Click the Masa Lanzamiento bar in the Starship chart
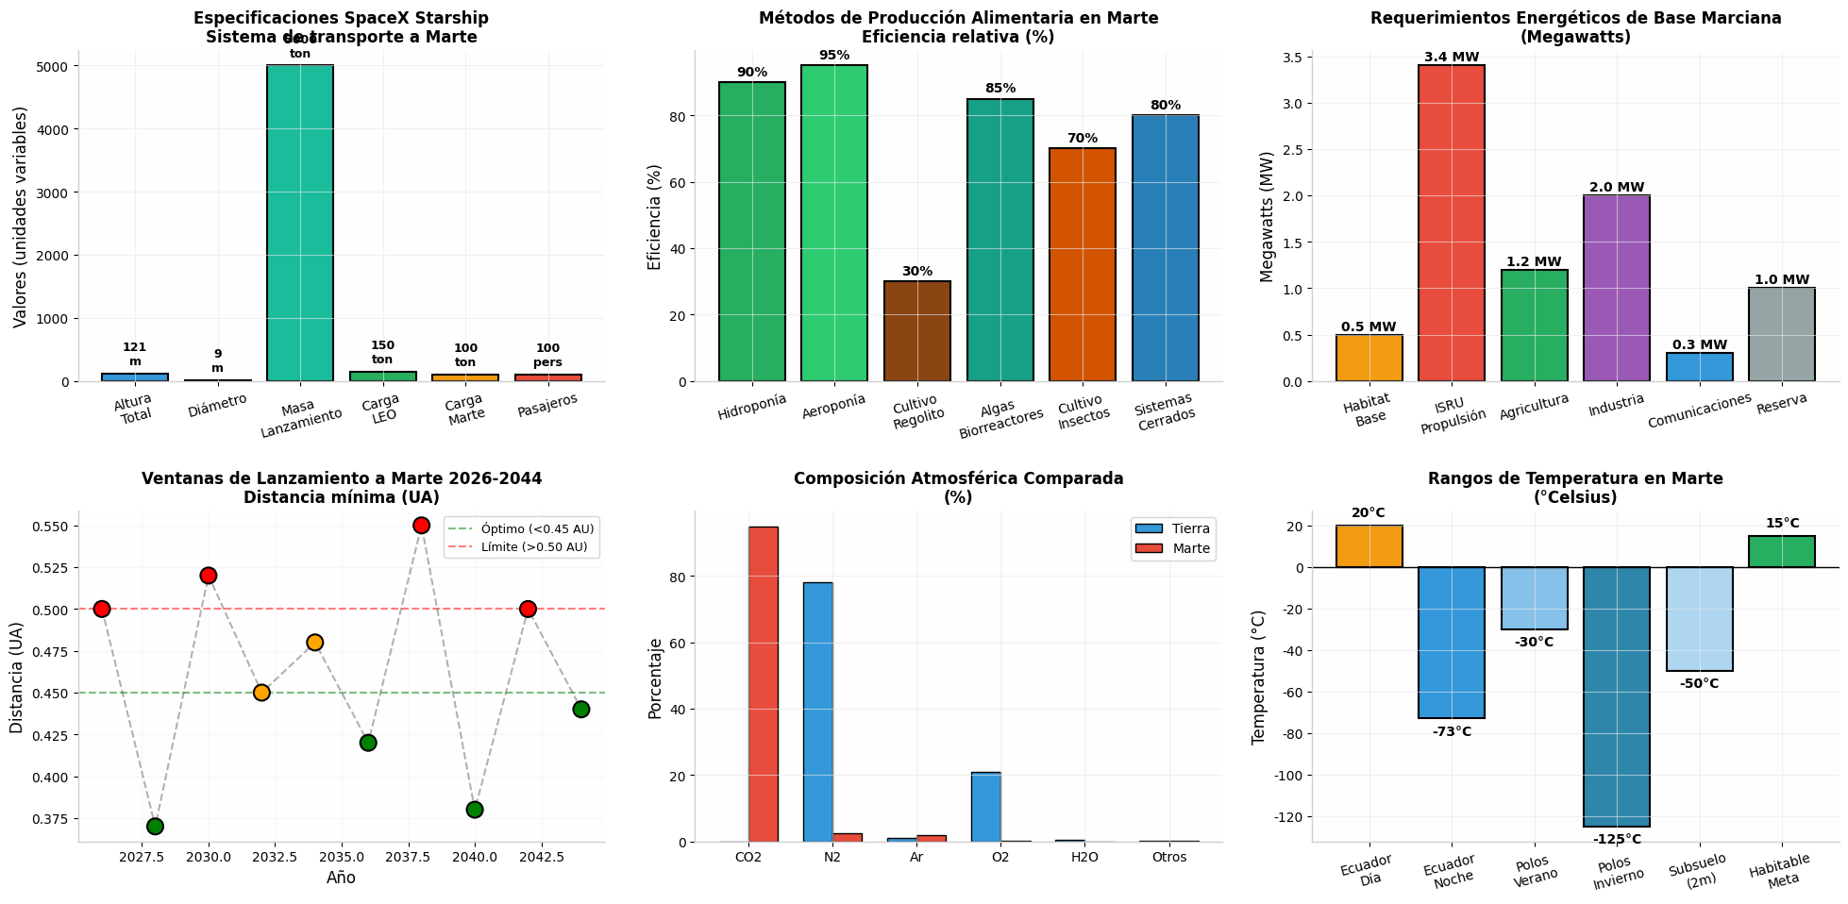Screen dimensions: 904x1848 coord(300,223)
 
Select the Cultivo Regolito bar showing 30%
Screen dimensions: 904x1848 coord(917,331)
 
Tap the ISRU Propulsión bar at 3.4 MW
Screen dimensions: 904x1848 coord(1452,223)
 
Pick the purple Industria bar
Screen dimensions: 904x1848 coord(1617,288)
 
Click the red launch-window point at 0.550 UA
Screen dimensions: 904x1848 coord(421,526)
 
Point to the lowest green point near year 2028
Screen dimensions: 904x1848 coord(155,827)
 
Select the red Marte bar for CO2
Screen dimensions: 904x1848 coord(764,684)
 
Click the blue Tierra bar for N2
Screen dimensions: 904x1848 coord(818,712)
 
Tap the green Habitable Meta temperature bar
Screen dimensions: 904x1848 coord(1782,552)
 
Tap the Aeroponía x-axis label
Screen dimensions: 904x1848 coord(833,407)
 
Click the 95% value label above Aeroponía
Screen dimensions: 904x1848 coord(834,56)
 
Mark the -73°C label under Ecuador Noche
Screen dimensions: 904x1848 coord(1452,731)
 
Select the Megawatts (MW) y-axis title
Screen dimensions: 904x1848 coord(1268,216)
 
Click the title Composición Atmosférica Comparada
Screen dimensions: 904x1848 coord(958,478)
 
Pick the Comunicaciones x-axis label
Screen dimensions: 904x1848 coord(1699,411)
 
